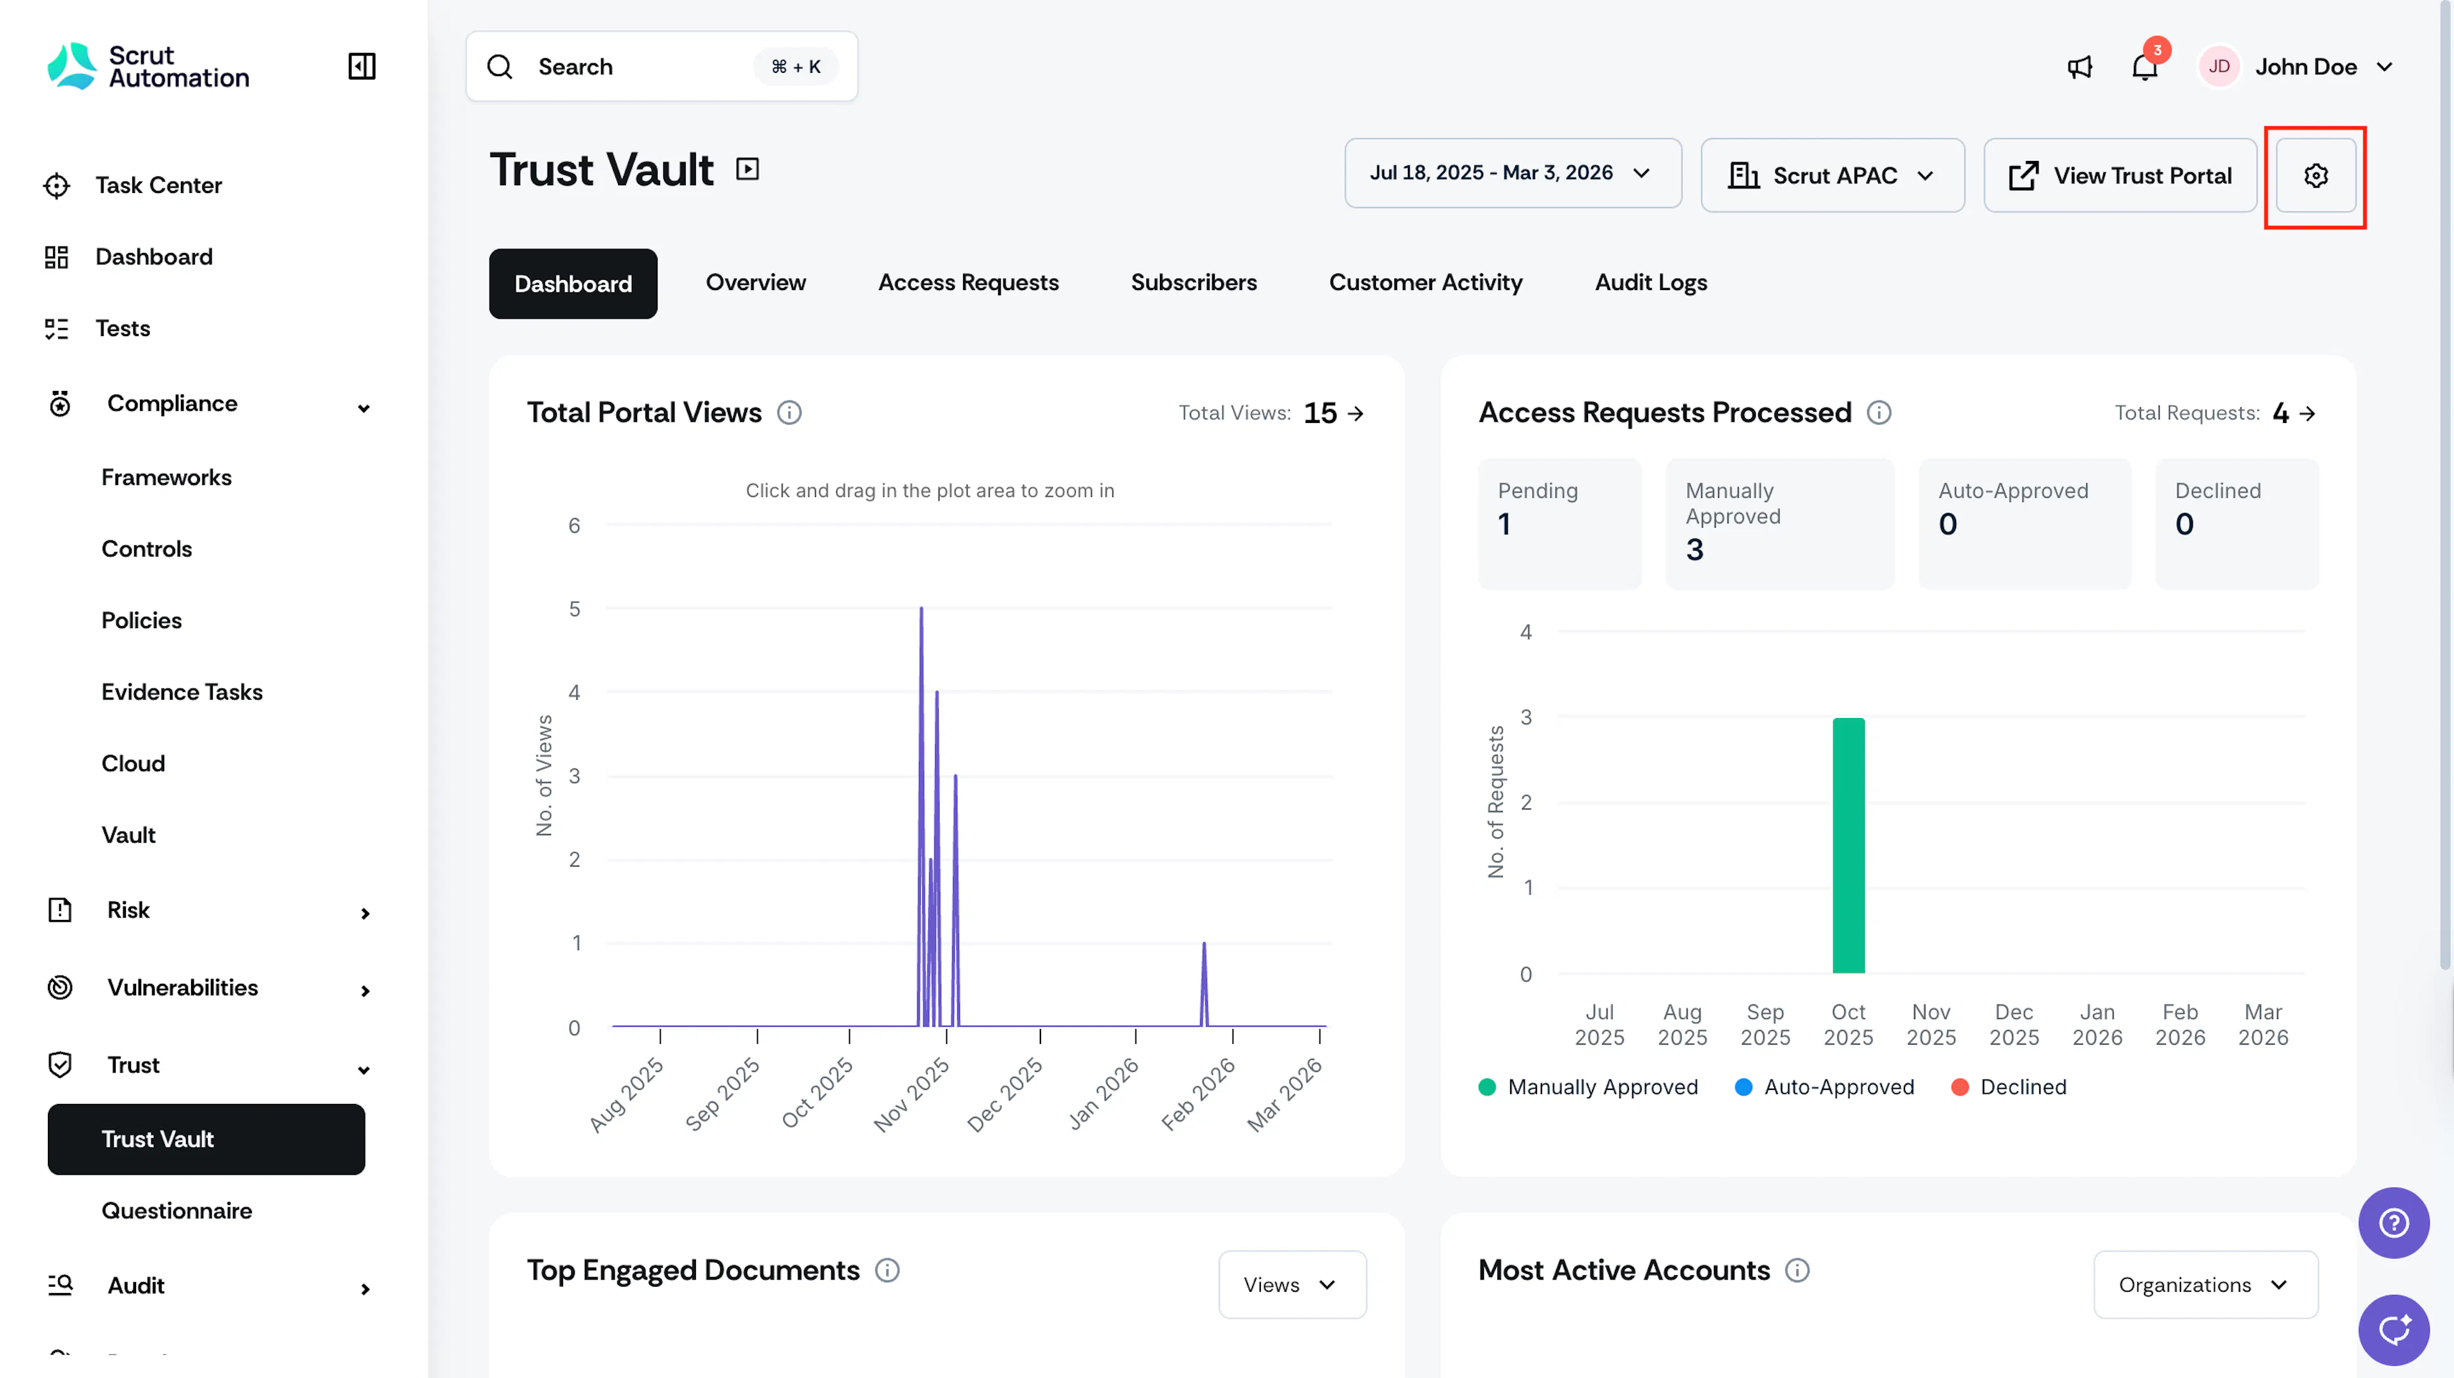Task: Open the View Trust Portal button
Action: pos(2120,175)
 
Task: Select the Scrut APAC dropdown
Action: pos(1832,175)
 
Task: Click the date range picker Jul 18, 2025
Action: pos(1513,173)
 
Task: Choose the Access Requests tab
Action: pos(968,283)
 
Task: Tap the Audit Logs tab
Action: pos(1651,283)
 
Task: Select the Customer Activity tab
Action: pos(1425,283)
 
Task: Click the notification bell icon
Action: pos(2145,66)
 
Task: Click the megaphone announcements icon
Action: pos(2080,66)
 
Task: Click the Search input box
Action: pos(661,66)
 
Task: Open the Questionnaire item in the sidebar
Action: pos(177,1211)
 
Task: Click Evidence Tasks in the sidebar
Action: pos(182,691)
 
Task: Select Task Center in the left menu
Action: pos(158,185)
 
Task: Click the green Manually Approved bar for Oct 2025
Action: pos(1848,846)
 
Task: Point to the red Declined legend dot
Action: pos(1959,1087)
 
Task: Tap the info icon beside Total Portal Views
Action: pos(789,412)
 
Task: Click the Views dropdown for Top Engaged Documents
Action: pos(1292,1285)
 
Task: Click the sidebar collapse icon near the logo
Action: pos(362,66)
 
